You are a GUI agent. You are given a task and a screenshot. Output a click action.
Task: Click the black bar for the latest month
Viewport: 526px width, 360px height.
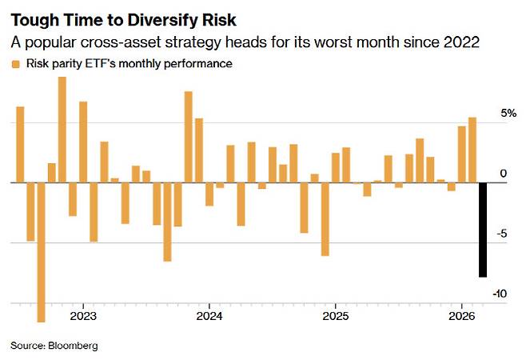pos(483,230)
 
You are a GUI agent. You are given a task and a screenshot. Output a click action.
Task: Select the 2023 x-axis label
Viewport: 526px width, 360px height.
pos(83,315)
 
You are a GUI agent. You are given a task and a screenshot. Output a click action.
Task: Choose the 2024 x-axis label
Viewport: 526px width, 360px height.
pos(209,315)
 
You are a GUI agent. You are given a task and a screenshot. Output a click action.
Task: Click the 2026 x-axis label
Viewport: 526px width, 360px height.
pos(460,315)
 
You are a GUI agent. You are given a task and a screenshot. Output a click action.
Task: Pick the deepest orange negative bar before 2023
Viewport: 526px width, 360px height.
pos(41,252)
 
